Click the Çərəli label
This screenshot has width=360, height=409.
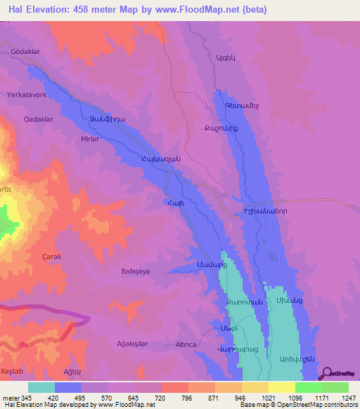pyautogui.click(x=51, y=257)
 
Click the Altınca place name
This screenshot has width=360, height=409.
pyautogui.click(x=180, y=344)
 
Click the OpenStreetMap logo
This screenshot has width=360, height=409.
pyautogui.click(x=337, y=373)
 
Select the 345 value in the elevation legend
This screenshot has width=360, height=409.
pyautogui.click(x=26, y=398)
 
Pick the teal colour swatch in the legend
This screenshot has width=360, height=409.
pyautogui.click(x=41, y=387)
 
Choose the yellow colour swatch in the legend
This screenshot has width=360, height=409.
pyautogui.click(x=282, y=387)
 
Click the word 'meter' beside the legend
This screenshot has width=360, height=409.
pyautogui.click(x=11, y=398)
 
